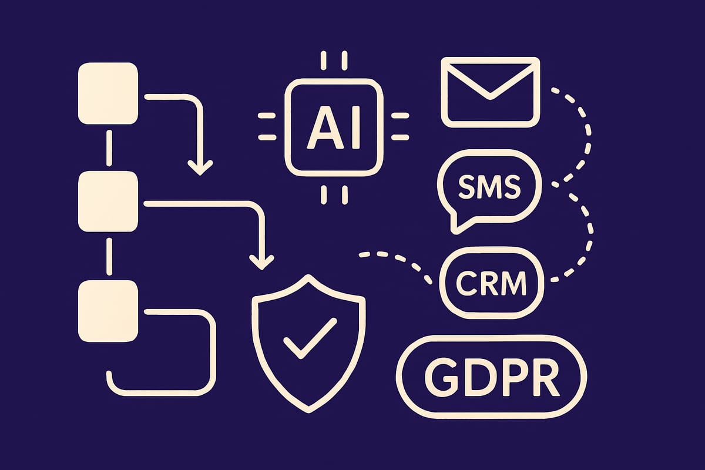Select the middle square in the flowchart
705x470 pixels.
coord(108,202)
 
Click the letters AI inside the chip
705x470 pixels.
coord(333,129)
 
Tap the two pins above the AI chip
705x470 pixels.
coord(333,61)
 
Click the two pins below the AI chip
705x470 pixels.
coord(333,195)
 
